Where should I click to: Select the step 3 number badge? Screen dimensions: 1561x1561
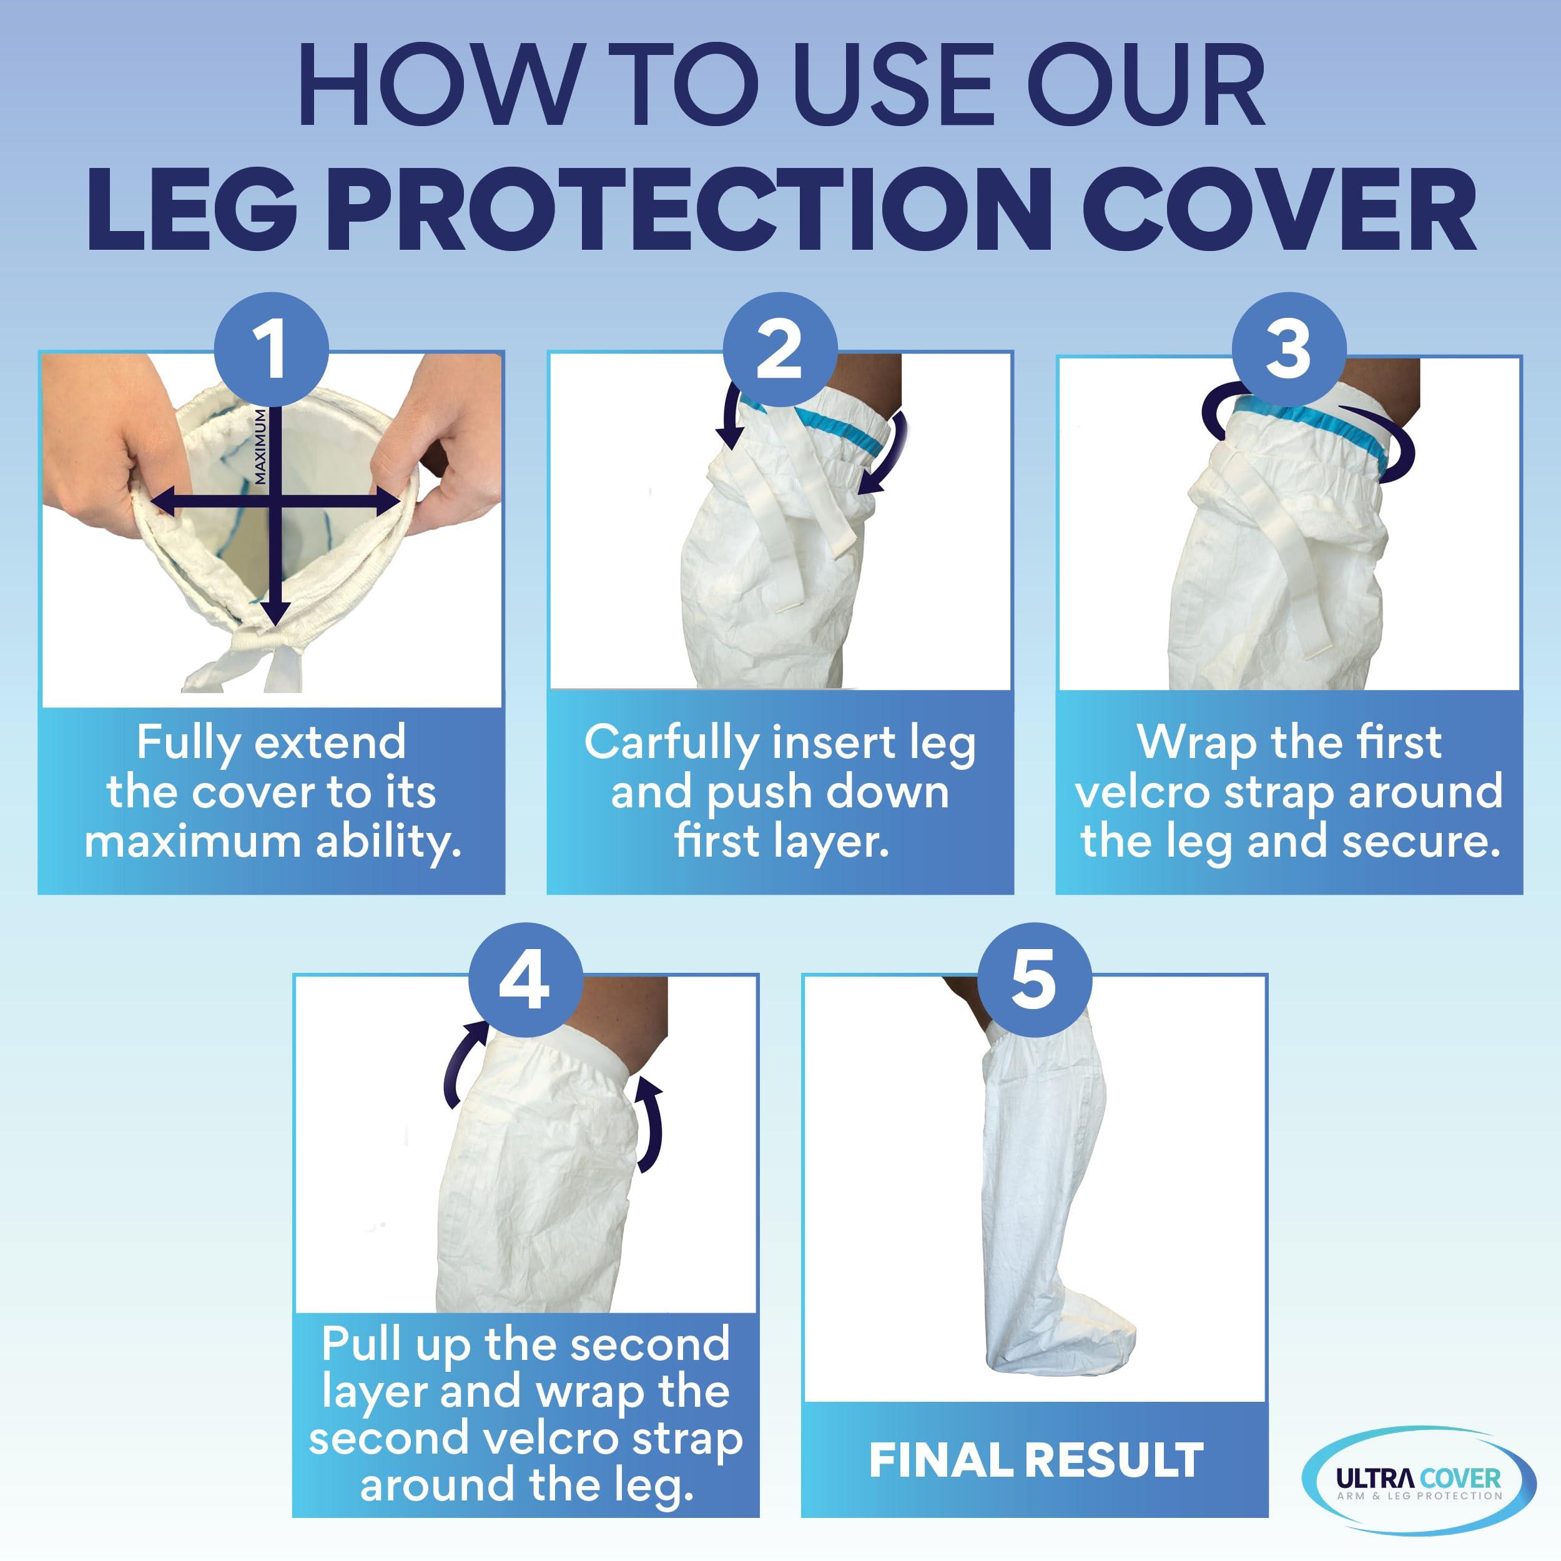tap(1289, 349)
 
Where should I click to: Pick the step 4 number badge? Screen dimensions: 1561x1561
tap(525, 980)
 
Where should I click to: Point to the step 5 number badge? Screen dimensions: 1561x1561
tap(1034, 980)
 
